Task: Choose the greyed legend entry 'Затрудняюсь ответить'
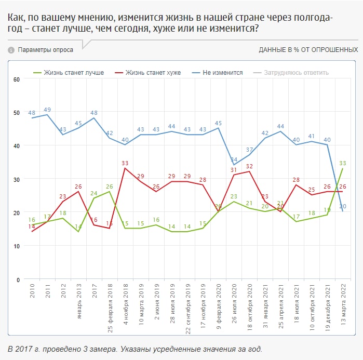coord(297,73)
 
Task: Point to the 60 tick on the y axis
coord(16,79)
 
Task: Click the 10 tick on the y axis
coord(16,246)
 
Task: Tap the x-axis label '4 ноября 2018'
coord(125,304)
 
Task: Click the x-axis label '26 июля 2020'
coord(234,303)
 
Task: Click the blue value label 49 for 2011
coord(47,110)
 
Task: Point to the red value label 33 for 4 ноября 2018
coord(125,163)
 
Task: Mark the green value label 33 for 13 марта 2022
coord(342,163)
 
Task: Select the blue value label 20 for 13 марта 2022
coord(342,207)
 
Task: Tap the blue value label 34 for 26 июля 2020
coord(234,159)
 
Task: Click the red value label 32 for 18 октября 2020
coord(249,166)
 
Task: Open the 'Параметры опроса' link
coord(46,50)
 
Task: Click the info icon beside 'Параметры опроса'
coord(11,50)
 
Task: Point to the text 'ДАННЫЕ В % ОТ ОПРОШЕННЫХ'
coord(308,50)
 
